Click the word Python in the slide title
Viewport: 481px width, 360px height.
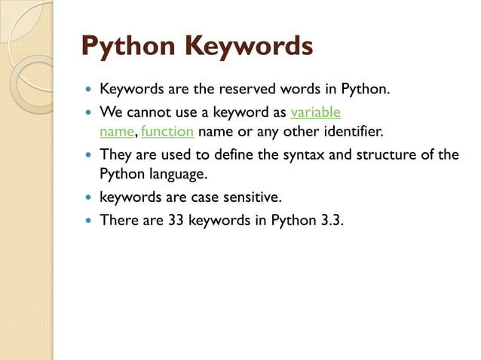click(125, 47)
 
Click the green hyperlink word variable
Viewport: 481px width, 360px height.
click(315, 113)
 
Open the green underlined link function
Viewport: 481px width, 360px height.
click(167, 133)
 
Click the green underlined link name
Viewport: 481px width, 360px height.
click(117, 133)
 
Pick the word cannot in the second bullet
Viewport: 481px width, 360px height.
click(146, 113)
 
